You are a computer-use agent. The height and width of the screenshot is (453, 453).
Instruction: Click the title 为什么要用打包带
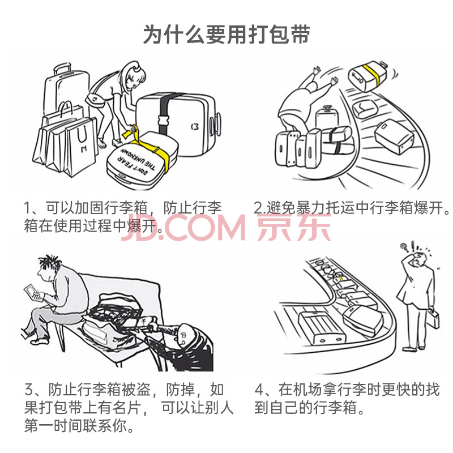pyautogui.click(x=226, y=34)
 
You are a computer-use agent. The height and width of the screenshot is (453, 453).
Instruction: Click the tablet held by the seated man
pyautogui.click(x=33, y=293)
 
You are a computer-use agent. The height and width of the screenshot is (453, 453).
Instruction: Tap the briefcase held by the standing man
pyautogui.click(x=433, y=319)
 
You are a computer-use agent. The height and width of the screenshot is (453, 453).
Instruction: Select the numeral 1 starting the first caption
pyautogui.click(x=27, y=208)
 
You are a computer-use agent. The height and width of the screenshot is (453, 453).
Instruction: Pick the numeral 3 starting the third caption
pyautogui.click(x=29, y=390)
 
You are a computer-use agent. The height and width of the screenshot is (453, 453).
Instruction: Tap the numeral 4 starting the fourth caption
pyautogui.click(x=259, y=390)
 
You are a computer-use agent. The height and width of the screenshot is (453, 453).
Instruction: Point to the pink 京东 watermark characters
pyautogui.click(x=294, y=228)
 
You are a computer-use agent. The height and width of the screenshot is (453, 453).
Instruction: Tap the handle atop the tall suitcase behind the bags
pyautogui.click(x=62, y=69)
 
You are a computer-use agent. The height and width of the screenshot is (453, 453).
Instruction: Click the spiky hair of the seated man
pyautogui.click(x=50, y=263)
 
